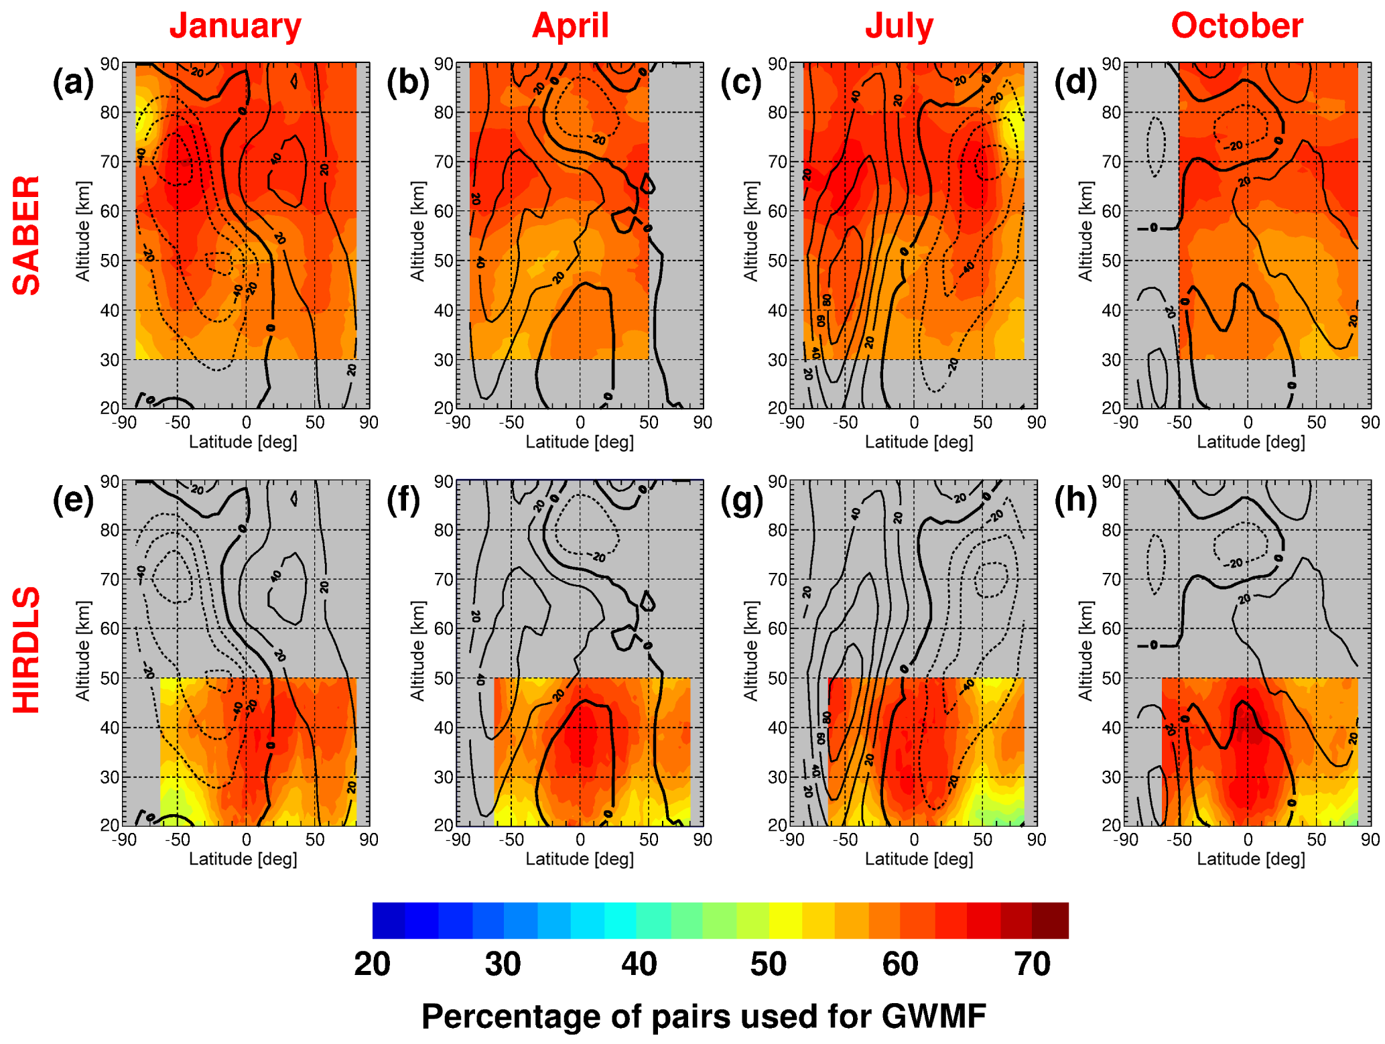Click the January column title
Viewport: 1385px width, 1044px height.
(x=235, y=26)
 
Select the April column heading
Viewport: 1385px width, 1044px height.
(x=570, y=26)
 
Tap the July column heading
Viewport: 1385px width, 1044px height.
(x=899, y=26)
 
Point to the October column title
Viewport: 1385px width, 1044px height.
(x=1237, y=26)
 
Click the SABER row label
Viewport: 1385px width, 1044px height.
(x=27, y=235)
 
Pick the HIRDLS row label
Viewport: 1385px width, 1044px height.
(x=27, y=650)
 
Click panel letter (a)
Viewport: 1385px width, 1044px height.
(x=73, y=83)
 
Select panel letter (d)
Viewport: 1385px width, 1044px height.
(x=1076, y=83)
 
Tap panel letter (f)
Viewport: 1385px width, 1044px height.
(x=403, y=501)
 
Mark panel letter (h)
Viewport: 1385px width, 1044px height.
(x=1076, y=501)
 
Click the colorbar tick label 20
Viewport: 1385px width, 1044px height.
(x=373, y=964)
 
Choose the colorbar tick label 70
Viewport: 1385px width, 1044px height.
(x=1033, y=964)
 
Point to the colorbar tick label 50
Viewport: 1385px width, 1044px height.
(x=768, y=964)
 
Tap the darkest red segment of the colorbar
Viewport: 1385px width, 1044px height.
(x=1051, y=921)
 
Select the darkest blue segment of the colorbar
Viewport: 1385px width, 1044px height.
(x=389, y=921)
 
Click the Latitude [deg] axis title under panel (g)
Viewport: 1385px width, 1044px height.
(x=919, y=859)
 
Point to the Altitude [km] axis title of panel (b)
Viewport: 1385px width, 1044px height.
(x=417, y=231)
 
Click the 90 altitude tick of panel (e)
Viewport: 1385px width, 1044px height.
(x=110, y=482)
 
